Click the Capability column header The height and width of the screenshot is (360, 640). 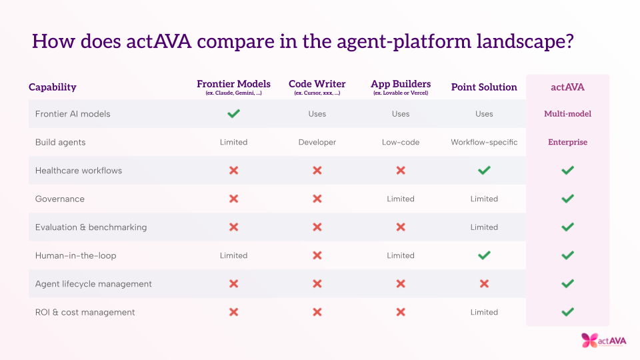coord(52,87)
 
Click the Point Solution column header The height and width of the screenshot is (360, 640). coord(484,87)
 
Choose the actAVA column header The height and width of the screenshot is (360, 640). coord(568,87)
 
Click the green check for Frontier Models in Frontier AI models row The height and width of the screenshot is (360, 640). coord(233,113)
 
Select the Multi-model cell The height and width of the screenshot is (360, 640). coord(568,114)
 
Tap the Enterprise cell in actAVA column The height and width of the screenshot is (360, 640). coord(568,142)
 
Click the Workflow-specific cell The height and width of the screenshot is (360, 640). coord(484,142)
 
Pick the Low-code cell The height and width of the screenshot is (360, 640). coord(401,142)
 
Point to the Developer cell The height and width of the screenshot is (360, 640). coord(317,142)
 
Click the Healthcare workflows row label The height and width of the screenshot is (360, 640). coord(79,171)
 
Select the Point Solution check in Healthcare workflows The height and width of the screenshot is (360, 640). coord(484,170)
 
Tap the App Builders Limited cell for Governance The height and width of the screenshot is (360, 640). coord(401,199)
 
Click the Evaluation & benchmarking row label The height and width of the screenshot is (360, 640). coord(91,227)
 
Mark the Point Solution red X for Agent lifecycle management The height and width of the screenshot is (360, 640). coord(484,284)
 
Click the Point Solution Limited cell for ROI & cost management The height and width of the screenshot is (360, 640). coord(484,312)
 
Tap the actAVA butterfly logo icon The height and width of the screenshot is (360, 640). coord(589,341)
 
